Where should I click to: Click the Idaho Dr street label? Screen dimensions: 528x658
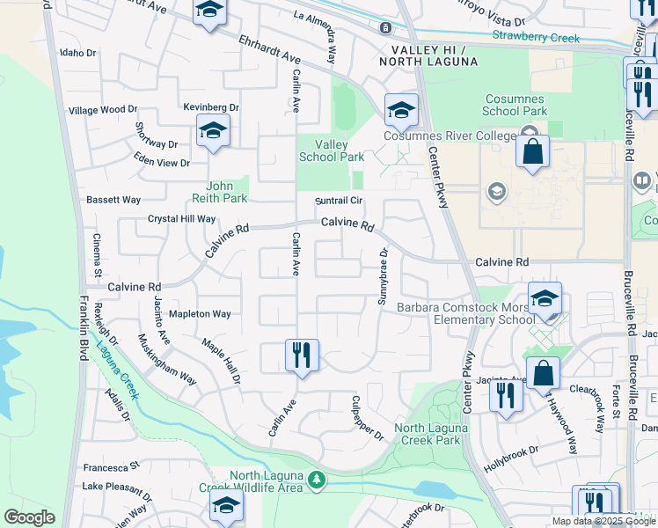[x=77, y=53]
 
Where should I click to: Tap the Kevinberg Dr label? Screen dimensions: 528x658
[x=211, y=107]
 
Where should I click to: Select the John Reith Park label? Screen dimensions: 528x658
[x=226, y=192]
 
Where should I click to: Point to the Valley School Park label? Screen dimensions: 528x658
[x=332, y=150]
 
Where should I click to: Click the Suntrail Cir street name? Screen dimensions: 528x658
[x=340, y=201]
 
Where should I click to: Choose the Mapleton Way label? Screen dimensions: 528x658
[x=200, y=314]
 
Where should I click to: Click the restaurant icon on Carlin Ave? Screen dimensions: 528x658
[x=302, y=356]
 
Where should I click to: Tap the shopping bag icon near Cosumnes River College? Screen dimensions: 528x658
[x=532, y=152]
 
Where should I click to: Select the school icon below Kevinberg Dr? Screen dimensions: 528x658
[x=213, y=131]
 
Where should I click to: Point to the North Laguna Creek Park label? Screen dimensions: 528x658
[x=428, y=434]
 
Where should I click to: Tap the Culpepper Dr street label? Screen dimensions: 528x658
[x=368, y=419]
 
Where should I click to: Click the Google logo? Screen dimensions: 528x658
[x=29, y=517]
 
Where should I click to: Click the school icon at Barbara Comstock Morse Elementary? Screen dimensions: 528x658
[x=545, y=298]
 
